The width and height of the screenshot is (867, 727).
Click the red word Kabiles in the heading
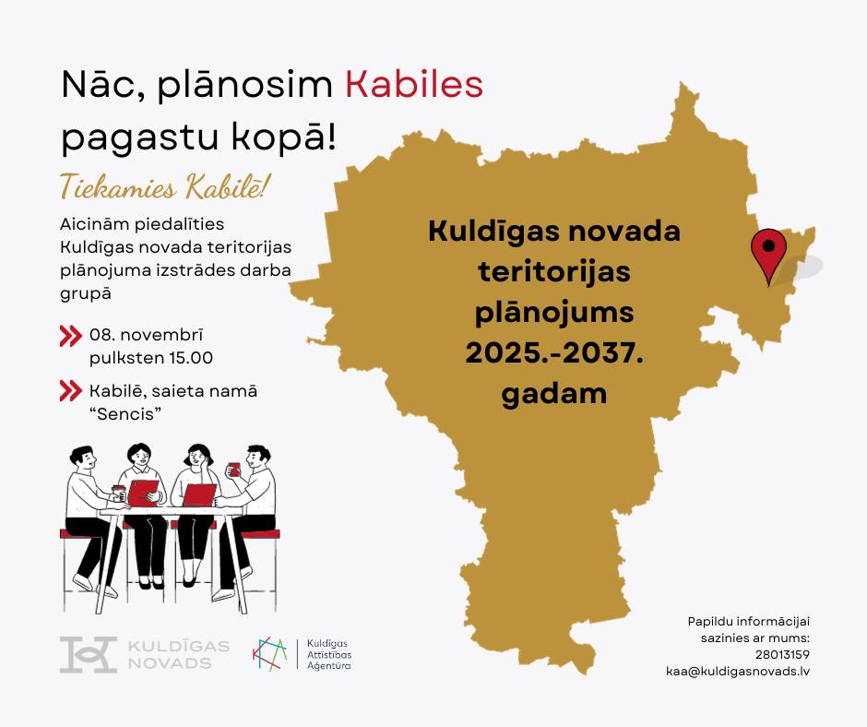pos(414,85)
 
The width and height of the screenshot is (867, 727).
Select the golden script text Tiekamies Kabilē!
pos(164,187)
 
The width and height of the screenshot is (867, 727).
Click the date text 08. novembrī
pos(147,335)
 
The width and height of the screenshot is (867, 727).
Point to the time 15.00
pos(191,357)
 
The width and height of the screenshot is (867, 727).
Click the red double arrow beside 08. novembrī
pos(71,335)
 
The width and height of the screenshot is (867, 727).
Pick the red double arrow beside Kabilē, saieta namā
pos(71,390)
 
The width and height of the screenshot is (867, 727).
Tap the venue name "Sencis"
pos(129,413)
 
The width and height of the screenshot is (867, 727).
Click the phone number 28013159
pos(782,654)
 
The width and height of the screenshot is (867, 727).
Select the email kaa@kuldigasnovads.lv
pos(738,671)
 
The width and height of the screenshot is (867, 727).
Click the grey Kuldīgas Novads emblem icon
pos(89,654)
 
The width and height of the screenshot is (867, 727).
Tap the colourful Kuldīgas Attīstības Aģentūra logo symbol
pos(270,654)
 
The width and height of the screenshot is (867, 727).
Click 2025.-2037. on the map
pos(554,352)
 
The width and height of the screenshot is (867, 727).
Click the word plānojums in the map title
pos(554,313)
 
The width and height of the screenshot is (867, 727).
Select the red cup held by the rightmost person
pos(234,470)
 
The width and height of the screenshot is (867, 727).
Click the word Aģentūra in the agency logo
pos(329,666)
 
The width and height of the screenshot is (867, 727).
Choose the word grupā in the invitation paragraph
pos(86,293)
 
